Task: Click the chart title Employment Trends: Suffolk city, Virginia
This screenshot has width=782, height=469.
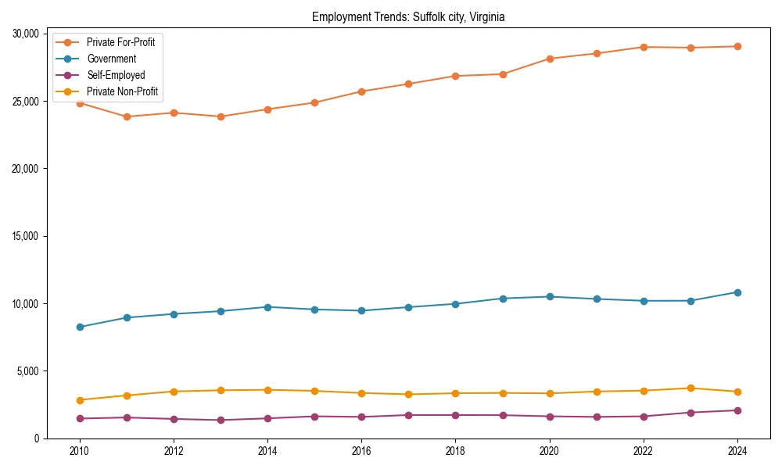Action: point(407,16)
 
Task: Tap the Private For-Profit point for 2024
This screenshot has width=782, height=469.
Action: point(737,46)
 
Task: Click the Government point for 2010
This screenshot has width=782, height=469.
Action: point(80,327)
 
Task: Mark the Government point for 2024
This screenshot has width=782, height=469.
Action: point(737,292)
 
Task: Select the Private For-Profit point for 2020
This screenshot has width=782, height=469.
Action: point(550,59)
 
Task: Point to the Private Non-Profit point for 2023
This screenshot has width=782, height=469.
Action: point(691,388)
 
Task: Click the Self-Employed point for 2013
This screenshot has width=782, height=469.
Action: point(221,420)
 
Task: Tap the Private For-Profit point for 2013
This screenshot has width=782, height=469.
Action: point(221,116)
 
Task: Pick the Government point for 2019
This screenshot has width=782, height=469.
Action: point(503,299)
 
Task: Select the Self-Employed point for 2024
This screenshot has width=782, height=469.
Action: point(737,410)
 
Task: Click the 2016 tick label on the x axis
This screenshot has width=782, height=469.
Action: point(361,451)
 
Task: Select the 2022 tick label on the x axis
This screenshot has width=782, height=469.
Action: point(644,451)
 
